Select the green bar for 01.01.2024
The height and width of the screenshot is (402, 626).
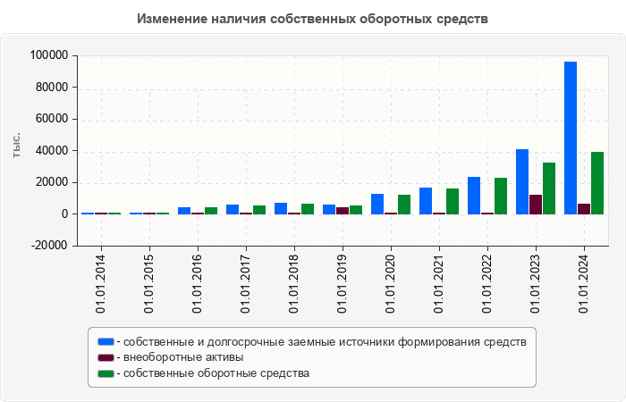pyautogui.click(x=597, y=183)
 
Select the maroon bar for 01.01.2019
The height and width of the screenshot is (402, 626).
pyautogui.click(x=343, y=211)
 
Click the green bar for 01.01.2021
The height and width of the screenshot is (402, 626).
pyautogui.click(x=453, y=201)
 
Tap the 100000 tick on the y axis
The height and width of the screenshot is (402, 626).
pyautogui.click(x=49, y=55)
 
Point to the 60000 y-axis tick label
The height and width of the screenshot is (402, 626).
pyautogui.click(x=52, y=119)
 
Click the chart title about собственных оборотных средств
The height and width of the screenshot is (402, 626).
pyautogui.click(x=313, y=19)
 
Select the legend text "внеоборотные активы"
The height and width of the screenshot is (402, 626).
pyautogui.click(x=184, y=357)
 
